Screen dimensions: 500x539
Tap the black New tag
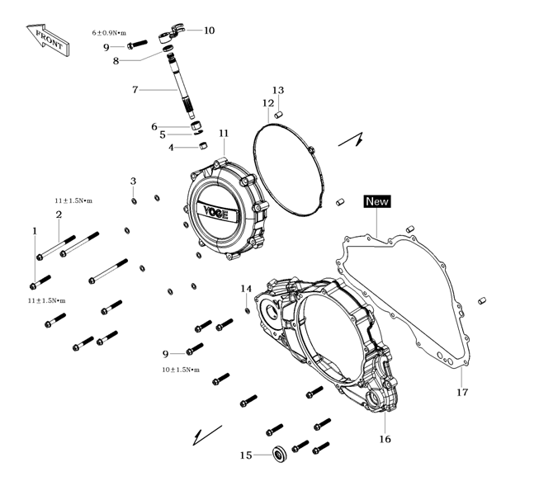click(376, 201)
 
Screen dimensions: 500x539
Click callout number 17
click(462, 392)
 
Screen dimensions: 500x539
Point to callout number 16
click(385, 439)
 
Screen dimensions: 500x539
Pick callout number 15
click(245, 455)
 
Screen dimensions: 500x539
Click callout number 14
click(246, 289)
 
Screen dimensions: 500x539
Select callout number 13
click(278, 90)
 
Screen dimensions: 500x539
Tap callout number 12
click(268, 103)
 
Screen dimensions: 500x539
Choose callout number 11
click(223, 134)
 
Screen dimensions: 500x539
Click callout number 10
click(209, 31)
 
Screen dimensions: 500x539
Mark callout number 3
click(133, 181)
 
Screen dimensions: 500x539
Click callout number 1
click(35, 231)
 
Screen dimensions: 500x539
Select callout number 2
click(59, 215)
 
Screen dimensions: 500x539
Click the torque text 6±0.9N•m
click(108, 33)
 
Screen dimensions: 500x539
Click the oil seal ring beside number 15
click(278, 452)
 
